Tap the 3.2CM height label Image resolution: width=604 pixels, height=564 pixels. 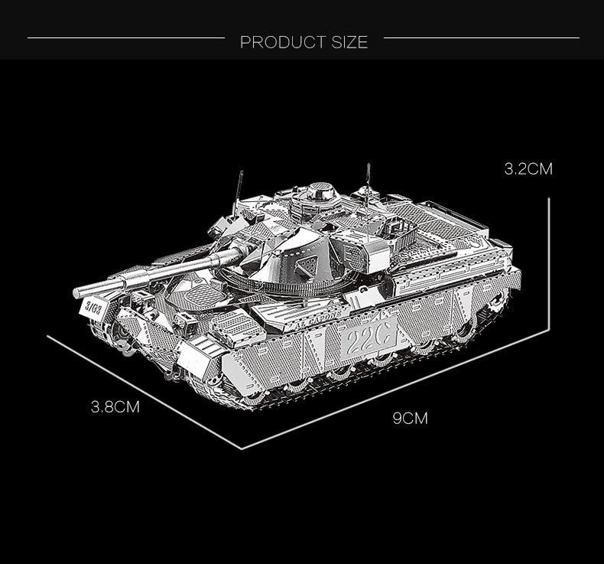(528, 169)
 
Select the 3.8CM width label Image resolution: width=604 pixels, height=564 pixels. (115, 407)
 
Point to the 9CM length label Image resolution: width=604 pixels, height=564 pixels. (410, 418)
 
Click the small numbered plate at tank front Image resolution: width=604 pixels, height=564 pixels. (93, 308)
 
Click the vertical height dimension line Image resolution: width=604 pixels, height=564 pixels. (549, 260)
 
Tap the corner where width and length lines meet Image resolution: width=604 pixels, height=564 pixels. (242, 448)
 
